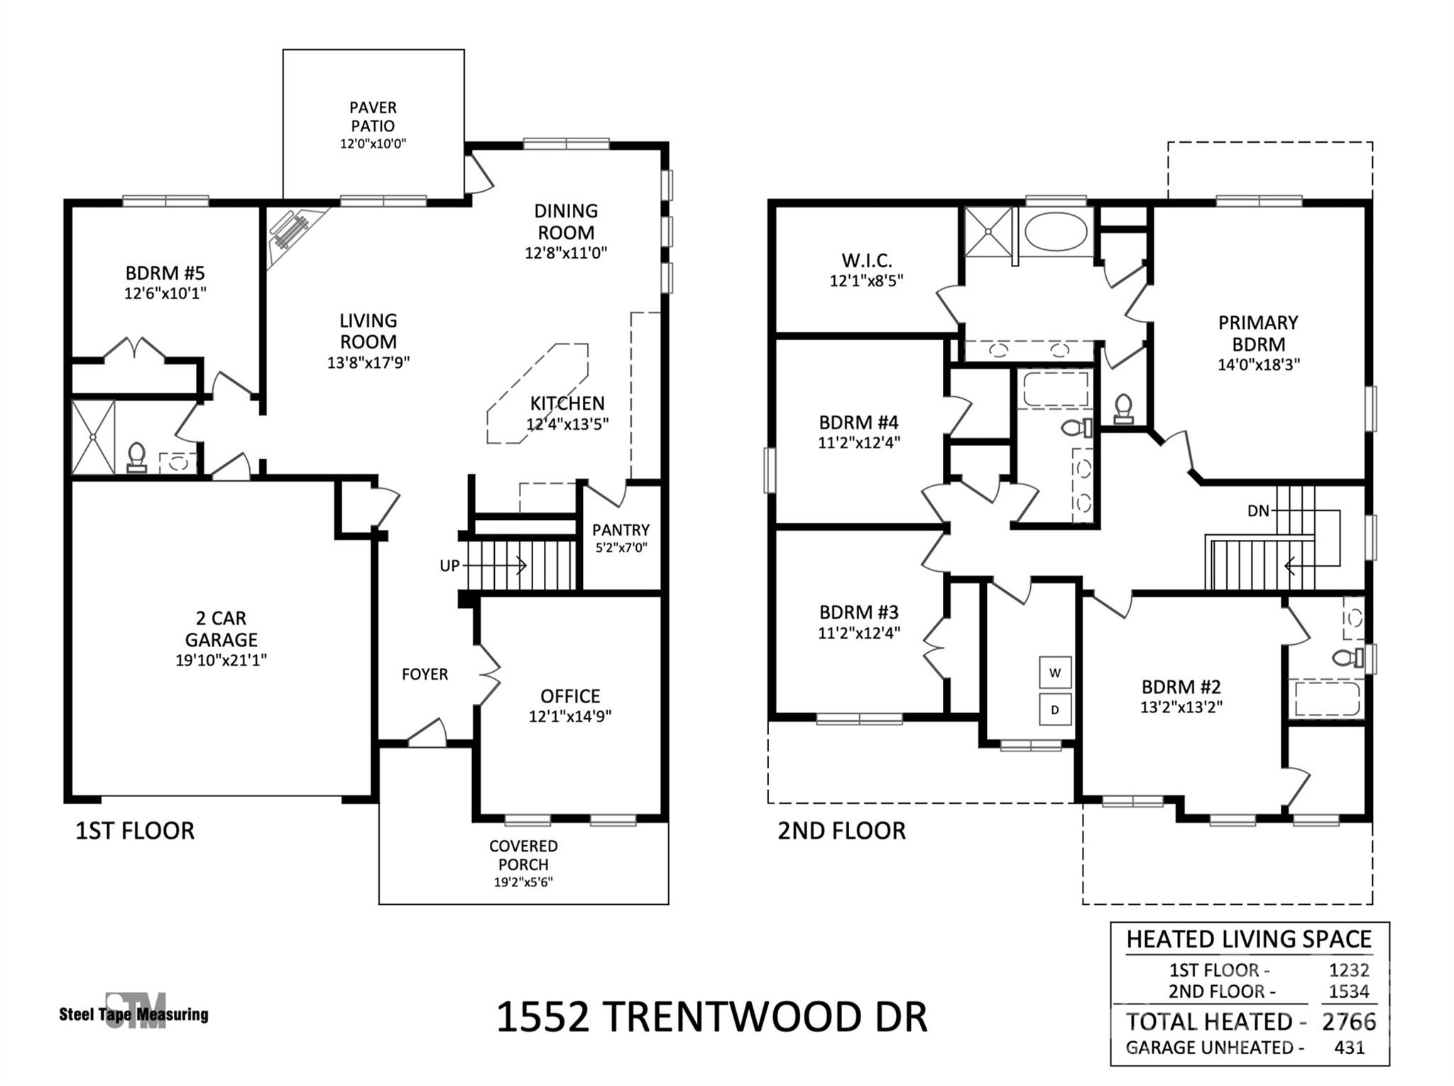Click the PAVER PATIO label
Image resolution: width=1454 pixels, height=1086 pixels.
(x=373, y=116)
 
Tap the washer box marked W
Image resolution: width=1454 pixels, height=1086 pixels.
(x=1055, y=673)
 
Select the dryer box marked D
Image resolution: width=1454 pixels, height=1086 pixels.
(x=1055, y=710)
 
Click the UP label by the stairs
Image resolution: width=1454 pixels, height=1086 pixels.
(x=449, y=566)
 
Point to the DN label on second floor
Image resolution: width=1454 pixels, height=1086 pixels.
(x=1258, y=511)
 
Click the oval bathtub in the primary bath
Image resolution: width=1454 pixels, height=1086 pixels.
(x=1056, y=231)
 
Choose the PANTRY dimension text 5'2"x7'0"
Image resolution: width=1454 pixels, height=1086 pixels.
(x=621, y=548)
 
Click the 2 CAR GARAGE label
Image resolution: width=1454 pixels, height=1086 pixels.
(x=221, y=629)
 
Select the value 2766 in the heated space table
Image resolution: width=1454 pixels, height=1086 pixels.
(x=1349, y=1021)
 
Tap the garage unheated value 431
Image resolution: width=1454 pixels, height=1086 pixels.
(x=1349, y=1048)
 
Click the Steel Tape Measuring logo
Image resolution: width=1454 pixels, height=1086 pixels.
(x=134, y=1012)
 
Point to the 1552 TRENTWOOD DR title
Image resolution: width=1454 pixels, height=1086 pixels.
(x=711, y=1017)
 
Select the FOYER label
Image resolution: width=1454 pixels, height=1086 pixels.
(x=425, y=674)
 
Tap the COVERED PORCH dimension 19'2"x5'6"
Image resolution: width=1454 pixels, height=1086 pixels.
(x=523, y=883)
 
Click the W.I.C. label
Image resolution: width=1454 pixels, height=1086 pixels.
(x=866, y=260)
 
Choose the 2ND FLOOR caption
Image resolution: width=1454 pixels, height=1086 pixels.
(x=841, y=830)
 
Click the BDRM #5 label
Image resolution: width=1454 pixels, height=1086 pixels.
(x=165, y=273)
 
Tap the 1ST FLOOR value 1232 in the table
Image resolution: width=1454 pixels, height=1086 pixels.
(x=1349, y=970)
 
